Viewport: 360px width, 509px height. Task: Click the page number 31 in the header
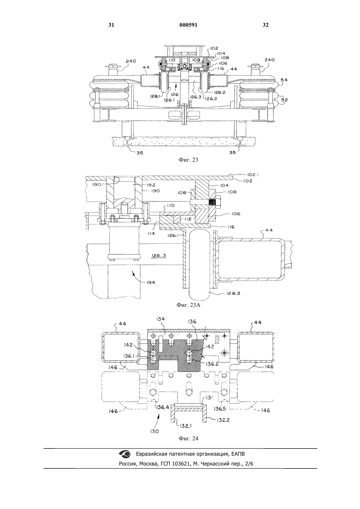click(111, 25)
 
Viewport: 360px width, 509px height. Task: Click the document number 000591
click(188, 25)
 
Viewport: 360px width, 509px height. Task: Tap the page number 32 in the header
click(265, 25)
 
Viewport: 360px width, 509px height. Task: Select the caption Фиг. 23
click(188, 160)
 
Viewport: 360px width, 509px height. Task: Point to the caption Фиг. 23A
click(188, 305)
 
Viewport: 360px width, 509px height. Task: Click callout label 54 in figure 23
click(284, 80)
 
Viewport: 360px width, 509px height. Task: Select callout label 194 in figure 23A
click(151, 282)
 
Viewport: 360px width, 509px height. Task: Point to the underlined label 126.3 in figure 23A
click(159, 255)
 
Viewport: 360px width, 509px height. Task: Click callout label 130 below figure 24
click(154, 431)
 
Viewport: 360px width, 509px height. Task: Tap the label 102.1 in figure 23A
click(253, 174)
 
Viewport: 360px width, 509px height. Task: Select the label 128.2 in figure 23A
click(233, 293)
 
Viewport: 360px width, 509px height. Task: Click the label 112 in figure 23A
click(188, 219)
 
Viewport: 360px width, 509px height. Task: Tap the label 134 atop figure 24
click(160, 319)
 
